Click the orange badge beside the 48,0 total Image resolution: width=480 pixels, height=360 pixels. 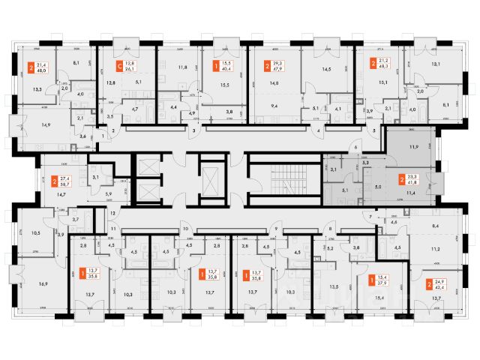pos(30,66)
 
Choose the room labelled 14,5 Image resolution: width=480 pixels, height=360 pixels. pos(325,69)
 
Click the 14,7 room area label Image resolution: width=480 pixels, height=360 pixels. pos(52,193)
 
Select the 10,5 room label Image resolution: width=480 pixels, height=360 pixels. pos(36,232)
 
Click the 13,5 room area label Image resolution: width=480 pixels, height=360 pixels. pos(334,286)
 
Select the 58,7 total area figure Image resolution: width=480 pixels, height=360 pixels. pos(64,184)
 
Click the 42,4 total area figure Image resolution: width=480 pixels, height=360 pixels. pos(437,286)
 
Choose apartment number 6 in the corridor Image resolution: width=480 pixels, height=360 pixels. pos(358,148)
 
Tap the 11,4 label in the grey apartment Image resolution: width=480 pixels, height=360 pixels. pos(411,193)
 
